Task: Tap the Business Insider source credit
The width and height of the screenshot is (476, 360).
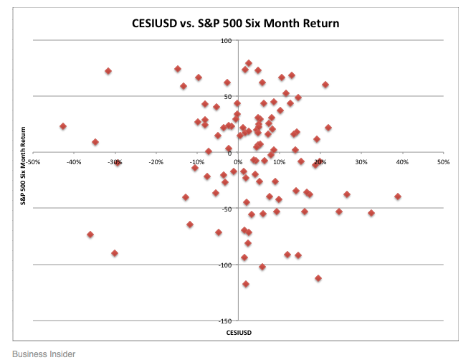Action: (x=44, y=354)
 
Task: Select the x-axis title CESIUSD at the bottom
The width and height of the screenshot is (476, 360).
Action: (x=239, y=333)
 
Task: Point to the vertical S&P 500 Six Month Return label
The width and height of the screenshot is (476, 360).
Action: (x=23, y=166)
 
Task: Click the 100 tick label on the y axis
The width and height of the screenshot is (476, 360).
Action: (x=226, y=41)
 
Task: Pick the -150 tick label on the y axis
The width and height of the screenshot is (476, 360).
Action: (x=225, y=321)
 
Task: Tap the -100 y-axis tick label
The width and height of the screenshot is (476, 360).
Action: (x=225, y=265)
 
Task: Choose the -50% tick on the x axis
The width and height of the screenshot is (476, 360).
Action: (x=33, y=162)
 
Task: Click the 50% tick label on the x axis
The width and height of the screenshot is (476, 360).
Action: (x=443, y=162)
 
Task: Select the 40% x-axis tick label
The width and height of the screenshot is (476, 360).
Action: (x=402, y=162)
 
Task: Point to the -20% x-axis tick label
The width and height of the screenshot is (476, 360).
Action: (x=156, y=162)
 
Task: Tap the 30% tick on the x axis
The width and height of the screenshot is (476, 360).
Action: (x=361, y=162)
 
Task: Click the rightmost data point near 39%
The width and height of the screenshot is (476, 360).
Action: (x=398, y=196)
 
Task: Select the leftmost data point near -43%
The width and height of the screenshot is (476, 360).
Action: (x=63, y=126)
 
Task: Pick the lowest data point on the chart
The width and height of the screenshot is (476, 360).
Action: (x=246, y=284)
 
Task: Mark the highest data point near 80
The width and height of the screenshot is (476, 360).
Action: (x=249, y=63)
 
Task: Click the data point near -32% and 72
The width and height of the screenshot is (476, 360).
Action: (x=108, y=71)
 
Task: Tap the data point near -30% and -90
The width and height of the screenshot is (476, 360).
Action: (x=115, y=253)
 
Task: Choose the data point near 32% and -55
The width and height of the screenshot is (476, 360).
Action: (x=371, y=213)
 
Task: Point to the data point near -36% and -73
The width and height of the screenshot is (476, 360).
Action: (x=90, y=235)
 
